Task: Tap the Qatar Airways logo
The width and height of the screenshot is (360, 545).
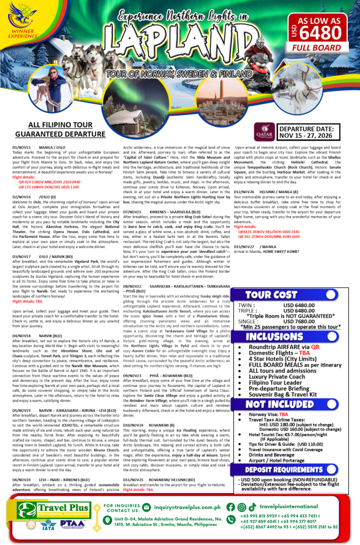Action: (x=264, y=130)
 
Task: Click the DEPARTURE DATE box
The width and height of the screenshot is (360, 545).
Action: (x=308, y=132)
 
